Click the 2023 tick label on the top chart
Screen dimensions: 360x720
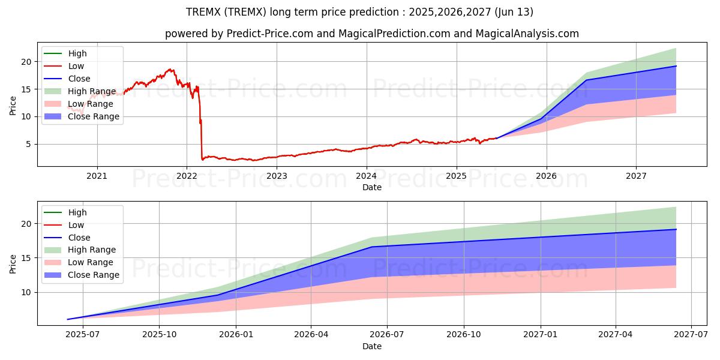click(x=277, y=176)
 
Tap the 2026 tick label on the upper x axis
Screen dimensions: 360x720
click(x=546, y=176)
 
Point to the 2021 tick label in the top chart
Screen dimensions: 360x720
click(x=97, y=176)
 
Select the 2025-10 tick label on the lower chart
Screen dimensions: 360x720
click(x=159, y=335)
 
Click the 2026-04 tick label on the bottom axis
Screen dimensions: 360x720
click(x=311, y=335)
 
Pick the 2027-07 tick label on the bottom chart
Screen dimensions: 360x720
click(x=691, y=335)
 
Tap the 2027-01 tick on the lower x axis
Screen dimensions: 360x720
click(x=541, y=335)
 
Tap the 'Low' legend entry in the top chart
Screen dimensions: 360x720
click(x=76, y=66)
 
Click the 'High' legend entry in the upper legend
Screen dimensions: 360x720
click(x=77, y=53)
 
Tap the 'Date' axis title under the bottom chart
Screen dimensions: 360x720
click(x=372, y=346)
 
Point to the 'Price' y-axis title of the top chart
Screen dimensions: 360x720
click(x=13, y=106)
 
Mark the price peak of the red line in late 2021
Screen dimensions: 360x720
click(x=170, y=69)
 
